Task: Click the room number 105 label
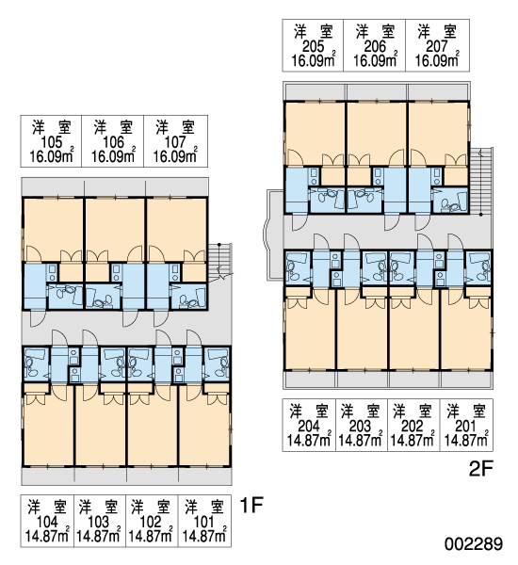(52, 142)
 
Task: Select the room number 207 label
(437, 46)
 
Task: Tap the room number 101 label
(204, 522)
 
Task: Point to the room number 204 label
(309, 427)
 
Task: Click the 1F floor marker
(251, 505)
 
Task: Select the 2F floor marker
(480, 468)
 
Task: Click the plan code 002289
(474, 543)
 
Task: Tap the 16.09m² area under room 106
(114, 155)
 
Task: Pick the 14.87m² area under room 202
(413, 439)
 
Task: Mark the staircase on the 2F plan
(481, 181)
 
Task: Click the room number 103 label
(98, 522)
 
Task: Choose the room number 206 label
(375, 46)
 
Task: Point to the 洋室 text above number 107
(175, 127)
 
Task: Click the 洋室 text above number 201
(466, 412)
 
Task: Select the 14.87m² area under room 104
(47, 535)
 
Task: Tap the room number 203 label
(360, 427)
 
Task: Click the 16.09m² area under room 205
(314, 60)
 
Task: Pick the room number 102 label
(151, 522)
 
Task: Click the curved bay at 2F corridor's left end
(266, 234)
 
